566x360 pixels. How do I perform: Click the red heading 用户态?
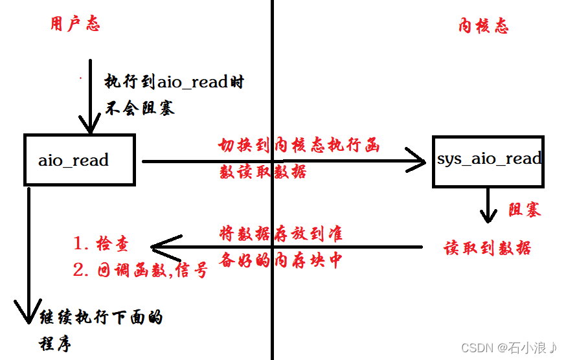click(74, 25)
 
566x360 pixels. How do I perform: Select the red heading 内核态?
click(483, 26)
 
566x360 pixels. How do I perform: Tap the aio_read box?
click(79, 160)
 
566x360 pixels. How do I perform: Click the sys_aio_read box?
click(488, 160)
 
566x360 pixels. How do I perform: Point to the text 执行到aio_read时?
click(174, 82)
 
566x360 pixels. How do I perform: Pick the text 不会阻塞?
click(140, 107)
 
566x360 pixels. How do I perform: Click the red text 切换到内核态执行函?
click(299, 146)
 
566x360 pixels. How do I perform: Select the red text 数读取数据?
click(263, 172)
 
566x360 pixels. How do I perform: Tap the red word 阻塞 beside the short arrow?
click(524, 210)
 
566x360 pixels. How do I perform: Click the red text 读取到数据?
click(488, 248)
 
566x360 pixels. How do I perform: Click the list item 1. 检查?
click(101, 243)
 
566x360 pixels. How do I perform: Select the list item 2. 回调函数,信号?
click(141, 270)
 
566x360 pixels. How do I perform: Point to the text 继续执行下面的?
click(101, 318)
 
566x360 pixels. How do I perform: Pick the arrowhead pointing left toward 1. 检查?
click(161, 246)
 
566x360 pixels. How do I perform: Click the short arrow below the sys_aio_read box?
click(488, 206)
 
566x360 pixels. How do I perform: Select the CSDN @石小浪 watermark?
click(509, 348)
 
